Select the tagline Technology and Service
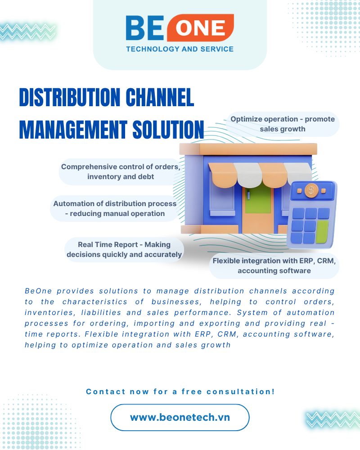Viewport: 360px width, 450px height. [180, 49]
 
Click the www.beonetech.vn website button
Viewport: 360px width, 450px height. [180, 417]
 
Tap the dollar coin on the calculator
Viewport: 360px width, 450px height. [311, 190]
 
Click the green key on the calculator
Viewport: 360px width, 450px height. [322, 232]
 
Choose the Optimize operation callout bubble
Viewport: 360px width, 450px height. [283, 124]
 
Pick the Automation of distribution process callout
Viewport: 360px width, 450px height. [115, 208]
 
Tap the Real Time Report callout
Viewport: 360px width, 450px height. [124, 249]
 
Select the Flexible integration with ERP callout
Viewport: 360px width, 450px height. [274, 265]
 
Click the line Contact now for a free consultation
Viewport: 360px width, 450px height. [180, 391]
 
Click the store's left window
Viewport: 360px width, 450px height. [222, 198]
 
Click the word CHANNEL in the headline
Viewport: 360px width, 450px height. [155, 98]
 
